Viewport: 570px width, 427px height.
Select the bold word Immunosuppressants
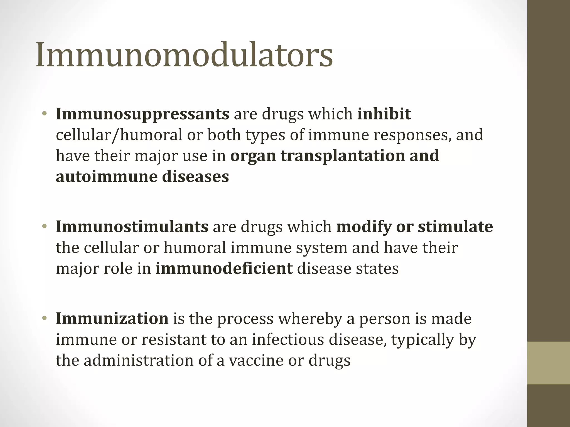142,114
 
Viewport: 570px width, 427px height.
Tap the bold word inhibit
384,114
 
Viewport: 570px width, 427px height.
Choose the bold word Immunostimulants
132,227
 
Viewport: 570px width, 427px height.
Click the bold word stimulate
455,227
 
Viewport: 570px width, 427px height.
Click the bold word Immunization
112,318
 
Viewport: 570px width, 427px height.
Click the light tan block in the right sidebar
549,363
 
